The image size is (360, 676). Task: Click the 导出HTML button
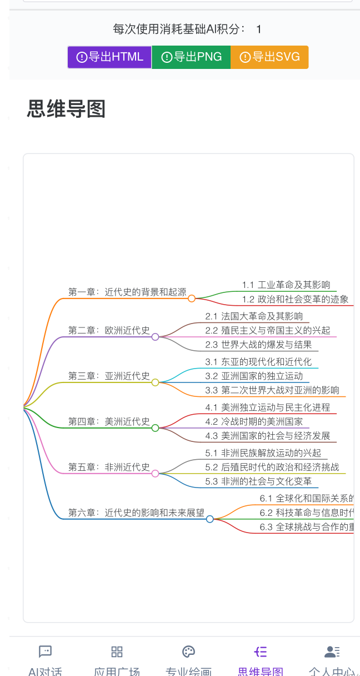109,57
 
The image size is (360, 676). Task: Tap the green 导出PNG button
191,57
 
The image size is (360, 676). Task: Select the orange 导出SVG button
269,57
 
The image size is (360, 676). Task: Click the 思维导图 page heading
66,109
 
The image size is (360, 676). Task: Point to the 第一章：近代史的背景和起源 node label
127,292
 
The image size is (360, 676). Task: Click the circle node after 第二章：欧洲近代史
156,337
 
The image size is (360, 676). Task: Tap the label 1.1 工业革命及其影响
286,285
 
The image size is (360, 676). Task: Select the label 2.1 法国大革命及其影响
254,316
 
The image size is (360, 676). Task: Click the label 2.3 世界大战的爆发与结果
258,345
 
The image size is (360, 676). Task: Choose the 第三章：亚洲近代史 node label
109,376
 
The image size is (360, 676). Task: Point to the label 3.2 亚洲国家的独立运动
254,376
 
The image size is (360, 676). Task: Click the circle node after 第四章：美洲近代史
156,428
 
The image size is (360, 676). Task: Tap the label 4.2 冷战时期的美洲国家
254,421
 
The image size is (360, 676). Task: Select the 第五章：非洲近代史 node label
109,467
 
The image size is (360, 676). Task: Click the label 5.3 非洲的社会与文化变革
258,481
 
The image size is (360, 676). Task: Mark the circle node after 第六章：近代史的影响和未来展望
210,519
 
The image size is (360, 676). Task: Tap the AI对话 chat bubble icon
46,652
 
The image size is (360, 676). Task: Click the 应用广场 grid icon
117,652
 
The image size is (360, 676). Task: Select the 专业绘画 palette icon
189,652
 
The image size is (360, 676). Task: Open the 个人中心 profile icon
332,652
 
